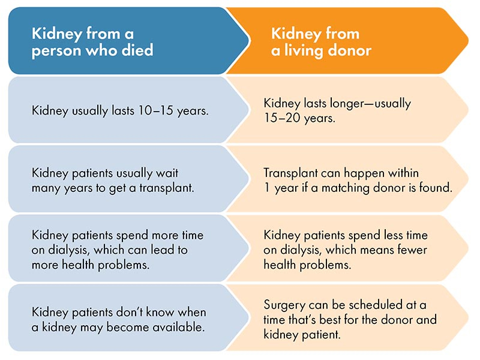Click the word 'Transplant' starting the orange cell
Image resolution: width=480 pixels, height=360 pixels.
point(290,173)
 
